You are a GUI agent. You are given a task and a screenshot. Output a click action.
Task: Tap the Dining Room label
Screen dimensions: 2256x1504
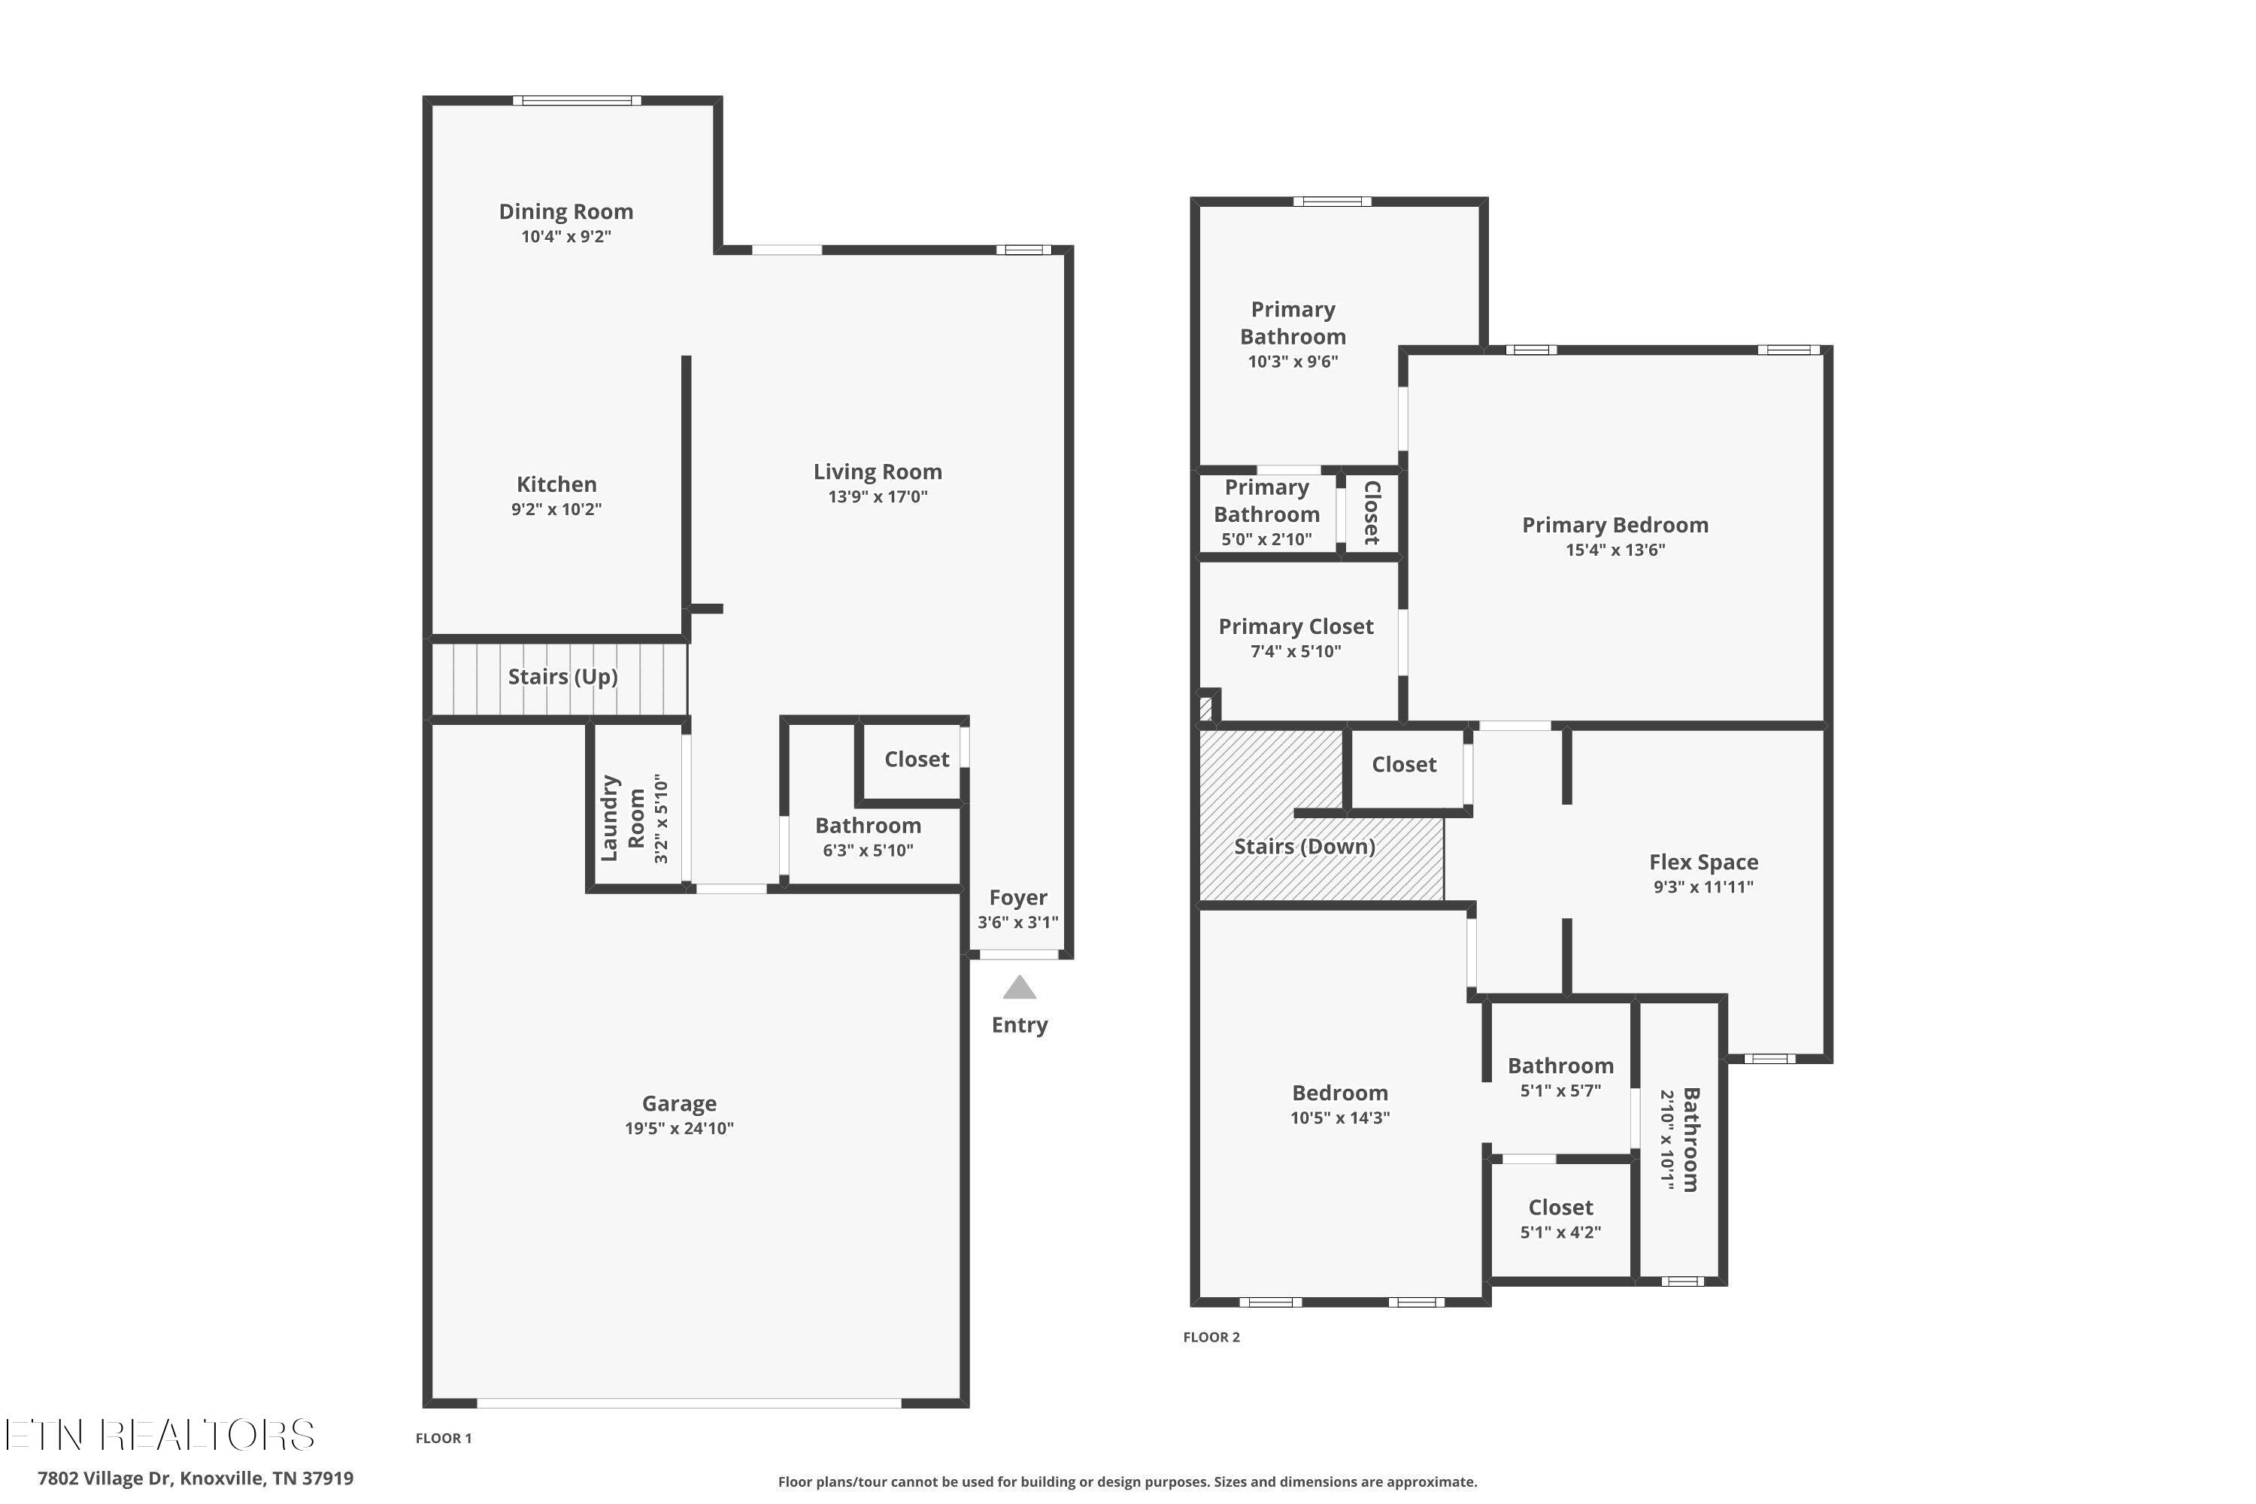tap(566, 211)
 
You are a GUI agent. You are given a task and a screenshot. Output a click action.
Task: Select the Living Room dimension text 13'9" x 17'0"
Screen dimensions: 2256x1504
tap(878, 497)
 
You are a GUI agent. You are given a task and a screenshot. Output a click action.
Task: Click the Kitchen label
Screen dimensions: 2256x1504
tap(556, 484)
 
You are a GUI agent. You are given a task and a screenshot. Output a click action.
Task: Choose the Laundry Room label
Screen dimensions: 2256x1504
tap(623, 818)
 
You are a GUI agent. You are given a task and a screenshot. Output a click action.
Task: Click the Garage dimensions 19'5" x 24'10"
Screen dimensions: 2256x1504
tap(679, 1128)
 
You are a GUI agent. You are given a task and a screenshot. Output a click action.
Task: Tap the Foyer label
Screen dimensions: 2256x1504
tap(1017, 898)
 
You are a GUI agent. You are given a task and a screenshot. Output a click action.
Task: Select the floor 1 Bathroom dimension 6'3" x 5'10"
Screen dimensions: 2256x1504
tap(868, 850)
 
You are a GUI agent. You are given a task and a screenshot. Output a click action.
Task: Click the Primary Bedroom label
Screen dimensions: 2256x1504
tap(1615, 526)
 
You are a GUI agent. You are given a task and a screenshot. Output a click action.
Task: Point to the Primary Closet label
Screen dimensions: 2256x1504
tap(1296, 627)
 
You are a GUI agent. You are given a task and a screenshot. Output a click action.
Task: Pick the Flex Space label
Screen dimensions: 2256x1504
tap(1703, 863)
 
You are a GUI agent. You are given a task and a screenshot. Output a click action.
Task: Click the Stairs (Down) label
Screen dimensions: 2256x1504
tap(1305, 847)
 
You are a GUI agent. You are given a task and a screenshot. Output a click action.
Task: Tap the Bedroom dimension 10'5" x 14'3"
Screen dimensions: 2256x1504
tap(1340, 1117)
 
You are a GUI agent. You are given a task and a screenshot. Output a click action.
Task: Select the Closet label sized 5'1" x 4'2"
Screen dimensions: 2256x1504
tap(1560, 1208)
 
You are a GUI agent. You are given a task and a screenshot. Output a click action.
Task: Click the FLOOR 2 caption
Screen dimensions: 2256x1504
tap(1211, 1337)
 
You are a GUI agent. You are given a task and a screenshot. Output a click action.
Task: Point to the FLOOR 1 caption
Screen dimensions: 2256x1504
tap(443, 1438)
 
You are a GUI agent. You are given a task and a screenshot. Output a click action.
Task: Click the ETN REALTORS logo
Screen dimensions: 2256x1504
tap(159, 1435)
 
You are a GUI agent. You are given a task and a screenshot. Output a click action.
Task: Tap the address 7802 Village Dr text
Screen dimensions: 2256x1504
tap(104, 1478)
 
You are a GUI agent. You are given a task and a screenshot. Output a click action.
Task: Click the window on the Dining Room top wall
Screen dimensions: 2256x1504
tap(577, 100)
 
